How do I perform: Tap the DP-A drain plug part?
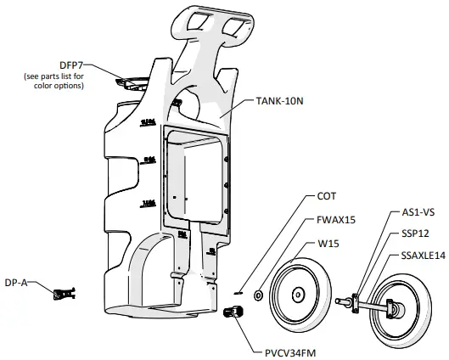(x=64, y=294)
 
